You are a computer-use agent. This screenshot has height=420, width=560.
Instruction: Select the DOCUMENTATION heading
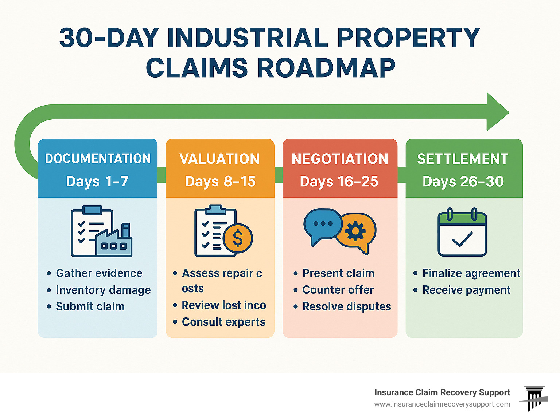(x=98, y=158)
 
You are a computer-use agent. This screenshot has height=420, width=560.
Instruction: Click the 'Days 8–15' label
(x=220, y=181)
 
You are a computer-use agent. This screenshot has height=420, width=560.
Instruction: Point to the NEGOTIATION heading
(x=340, y=159)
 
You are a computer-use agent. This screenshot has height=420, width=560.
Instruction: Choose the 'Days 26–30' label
(x=463, y=181)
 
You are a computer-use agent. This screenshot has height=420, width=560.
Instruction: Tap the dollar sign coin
(x=238, y=238)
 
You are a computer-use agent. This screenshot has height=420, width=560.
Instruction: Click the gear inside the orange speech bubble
(x=355, y=231)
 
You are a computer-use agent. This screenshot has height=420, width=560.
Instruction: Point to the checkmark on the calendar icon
(x=462, y=239)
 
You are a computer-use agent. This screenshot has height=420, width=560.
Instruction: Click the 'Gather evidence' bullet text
(x=99, y=273)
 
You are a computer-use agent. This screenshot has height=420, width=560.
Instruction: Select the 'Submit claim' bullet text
(x=90, y=306)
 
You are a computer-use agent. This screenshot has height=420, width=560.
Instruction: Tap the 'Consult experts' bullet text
(x=223, y=322)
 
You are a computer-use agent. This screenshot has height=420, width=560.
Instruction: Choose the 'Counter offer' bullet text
(x=338, y=290)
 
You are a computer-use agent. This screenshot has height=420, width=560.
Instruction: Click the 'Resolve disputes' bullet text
(x=347, y=306)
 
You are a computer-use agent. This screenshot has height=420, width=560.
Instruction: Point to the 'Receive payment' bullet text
(x=466, y=290)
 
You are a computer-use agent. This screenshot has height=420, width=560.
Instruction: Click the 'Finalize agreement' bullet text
(x=471, y=273)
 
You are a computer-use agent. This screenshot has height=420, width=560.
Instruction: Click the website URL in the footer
(x=442, y=404)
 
